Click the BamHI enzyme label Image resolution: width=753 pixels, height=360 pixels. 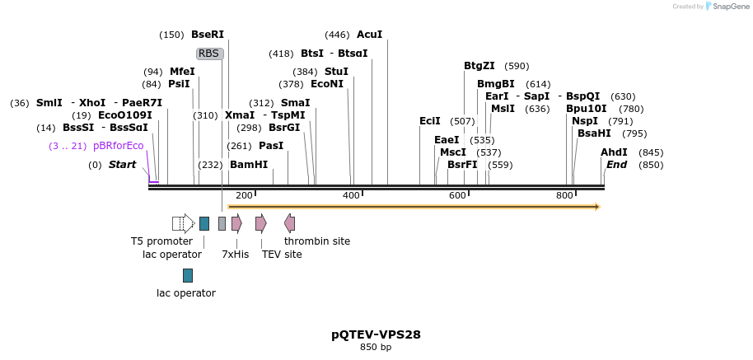(x=248, y=165)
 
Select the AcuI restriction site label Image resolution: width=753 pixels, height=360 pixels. (x=369, y=35)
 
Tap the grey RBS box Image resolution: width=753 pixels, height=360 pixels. (x=209, y=54)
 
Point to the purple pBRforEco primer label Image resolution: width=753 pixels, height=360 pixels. (x=118, y=146)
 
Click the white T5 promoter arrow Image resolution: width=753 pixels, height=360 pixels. (x=183, y=223)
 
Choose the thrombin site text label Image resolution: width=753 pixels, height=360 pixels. (x=317, y=241)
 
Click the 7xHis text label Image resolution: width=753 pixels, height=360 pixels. (x=235, y=255)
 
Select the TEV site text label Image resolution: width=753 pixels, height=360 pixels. (x=281, y=255)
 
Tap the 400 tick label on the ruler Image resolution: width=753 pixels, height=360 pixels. (x=351, y=195)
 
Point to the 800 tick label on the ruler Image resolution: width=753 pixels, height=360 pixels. (x=564, y=195)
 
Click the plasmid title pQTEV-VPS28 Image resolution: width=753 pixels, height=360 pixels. (x=376, y=334)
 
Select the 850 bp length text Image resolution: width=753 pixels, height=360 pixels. (x=376, y=348)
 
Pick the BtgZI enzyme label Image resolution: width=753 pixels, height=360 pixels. (x=479, y=66)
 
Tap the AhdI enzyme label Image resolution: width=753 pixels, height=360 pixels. (x=614, y=152)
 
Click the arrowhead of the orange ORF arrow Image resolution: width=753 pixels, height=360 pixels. (x=596, y=207)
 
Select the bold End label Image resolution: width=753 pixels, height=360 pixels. (x=616, y=165)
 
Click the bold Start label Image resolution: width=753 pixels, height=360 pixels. (x=122, y=165)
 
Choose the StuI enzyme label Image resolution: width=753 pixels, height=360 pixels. (x=336, y=72)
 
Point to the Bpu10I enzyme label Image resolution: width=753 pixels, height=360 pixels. (x=586, y=109)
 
